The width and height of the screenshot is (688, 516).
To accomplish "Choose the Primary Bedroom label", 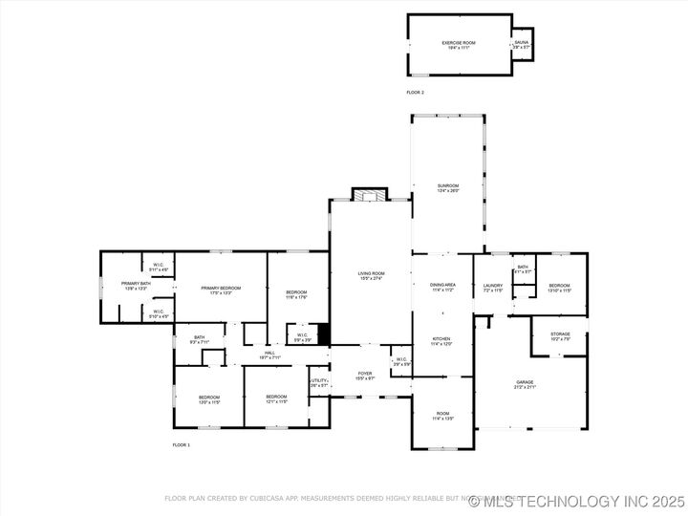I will tap(220, 290).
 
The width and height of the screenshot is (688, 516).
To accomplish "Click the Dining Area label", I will tap(442, 287).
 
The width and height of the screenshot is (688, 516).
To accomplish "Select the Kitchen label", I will tap(442, 340).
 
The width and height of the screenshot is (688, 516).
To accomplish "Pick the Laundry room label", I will tap(493, 287).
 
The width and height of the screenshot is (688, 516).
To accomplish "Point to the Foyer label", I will tap(365, 375).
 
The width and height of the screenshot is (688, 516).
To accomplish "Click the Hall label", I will tap(270, 355).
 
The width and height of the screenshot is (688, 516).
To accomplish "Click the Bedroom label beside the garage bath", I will tap(559, 287).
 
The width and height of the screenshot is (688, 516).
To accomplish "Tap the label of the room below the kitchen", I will tap(442, 417).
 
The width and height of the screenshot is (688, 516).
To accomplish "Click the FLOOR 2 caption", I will tap(415, 92).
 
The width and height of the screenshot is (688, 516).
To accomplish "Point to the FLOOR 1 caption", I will tap(181, 445).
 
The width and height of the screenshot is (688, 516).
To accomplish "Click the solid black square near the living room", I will tap(324, 334).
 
